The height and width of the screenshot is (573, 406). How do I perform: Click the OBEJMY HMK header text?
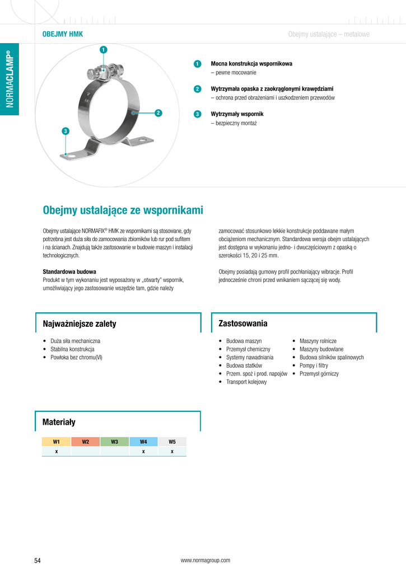63,34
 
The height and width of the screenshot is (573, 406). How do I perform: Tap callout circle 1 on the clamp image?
103,50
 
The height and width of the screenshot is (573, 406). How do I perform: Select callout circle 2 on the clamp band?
158,113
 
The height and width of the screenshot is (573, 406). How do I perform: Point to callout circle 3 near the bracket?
66,131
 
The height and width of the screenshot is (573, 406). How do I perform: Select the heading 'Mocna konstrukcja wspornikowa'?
251,64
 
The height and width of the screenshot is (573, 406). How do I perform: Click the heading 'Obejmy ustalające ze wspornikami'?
123,210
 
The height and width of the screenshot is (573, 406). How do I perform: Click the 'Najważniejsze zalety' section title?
80,324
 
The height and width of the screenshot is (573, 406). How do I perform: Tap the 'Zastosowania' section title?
243,323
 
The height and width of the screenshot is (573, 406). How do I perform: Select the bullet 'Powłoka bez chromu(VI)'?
76,357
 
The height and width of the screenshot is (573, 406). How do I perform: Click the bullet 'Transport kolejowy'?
246,382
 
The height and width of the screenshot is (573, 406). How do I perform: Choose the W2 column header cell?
86,442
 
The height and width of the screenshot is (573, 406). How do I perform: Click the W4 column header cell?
143,442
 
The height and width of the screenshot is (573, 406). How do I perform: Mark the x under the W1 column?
57,451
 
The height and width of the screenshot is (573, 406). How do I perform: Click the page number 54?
38,560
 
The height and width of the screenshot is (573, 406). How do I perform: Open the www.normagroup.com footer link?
205,560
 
